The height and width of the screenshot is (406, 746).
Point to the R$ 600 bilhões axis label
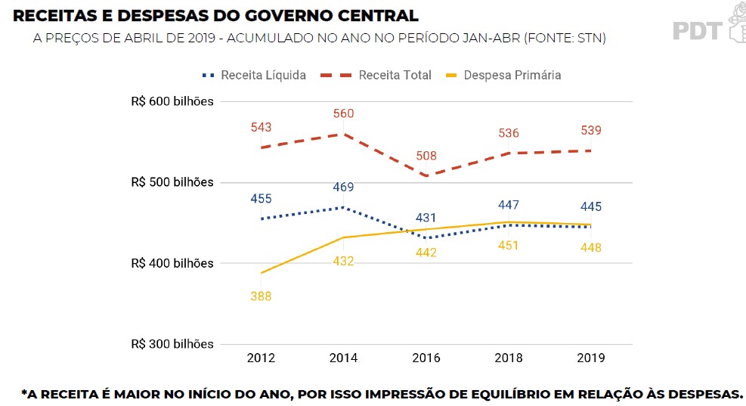(x=172, y=101)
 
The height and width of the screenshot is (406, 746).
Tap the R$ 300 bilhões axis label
(x=172, y=344)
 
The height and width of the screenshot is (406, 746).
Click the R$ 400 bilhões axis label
(x=172, y=263)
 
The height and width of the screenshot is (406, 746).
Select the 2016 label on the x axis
(x=426, y=358)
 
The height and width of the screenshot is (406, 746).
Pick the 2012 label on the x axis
(x=262, y=358)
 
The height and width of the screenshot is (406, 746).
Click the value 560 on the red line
(x=343, y=114)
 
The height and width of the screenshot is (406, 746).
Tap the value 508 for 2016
(x=426, y=157)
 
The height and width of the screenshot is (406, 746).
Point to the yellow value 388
(x=261, y=296)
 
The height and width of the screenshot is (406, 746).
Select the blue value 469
(x=343, y=188)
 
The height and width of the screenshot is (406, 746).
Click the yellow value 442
(x=426, y=253)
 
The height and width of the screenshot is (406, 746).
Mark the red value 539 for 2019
(x=591, y=131)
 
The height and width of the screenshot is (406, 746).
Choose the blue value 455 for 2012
(x=262, y=199)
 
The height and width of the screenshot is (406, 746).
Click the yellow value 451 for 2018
(x=508, y=246)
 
